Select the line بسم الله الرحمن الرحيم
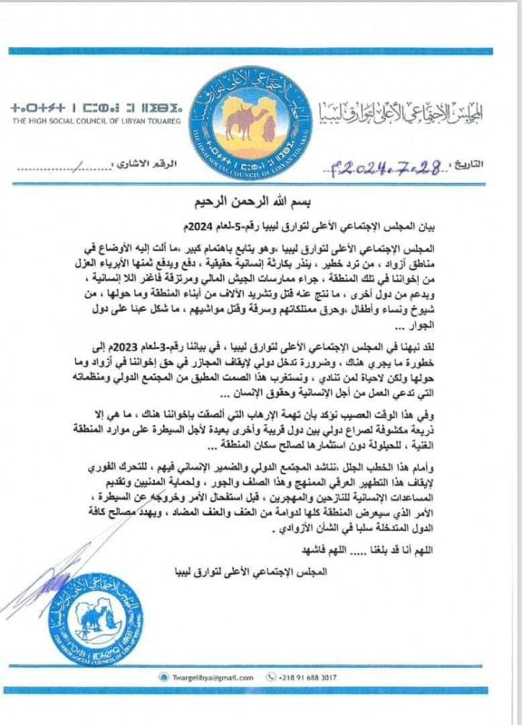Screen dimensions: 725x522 pos(262,200)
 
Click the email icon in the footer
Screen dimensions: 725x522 pos(160,675)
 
